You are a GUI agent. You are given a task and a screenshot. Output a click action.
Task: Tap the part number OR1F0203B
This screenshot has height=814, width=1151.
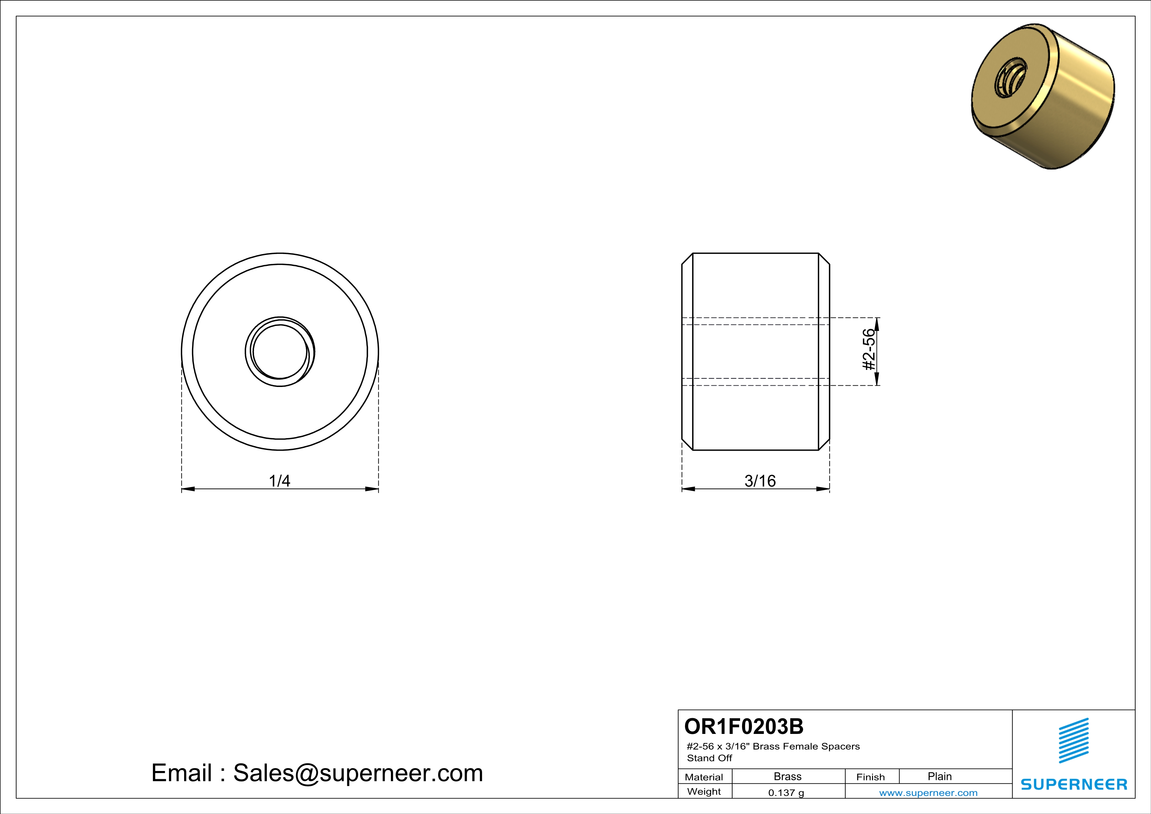[743, 726]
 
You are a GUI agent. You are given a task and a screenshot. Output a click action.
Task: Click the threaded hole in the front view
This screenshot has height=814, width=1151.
[280, 351]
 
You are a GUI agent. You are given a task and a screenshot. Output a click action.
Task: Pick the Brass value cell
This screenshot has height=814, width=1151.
[788, 776]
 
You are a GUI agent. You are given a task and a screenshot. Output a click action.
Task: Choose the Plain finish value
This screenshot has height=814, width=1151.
[939, 776]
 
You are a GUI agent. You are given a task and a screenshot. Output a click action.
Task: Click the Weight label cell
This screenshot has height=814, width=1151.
[704, 791]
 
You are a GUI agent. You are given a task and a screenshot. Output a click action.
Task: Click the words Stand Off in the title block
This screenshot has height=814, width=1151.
[709, 758]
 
